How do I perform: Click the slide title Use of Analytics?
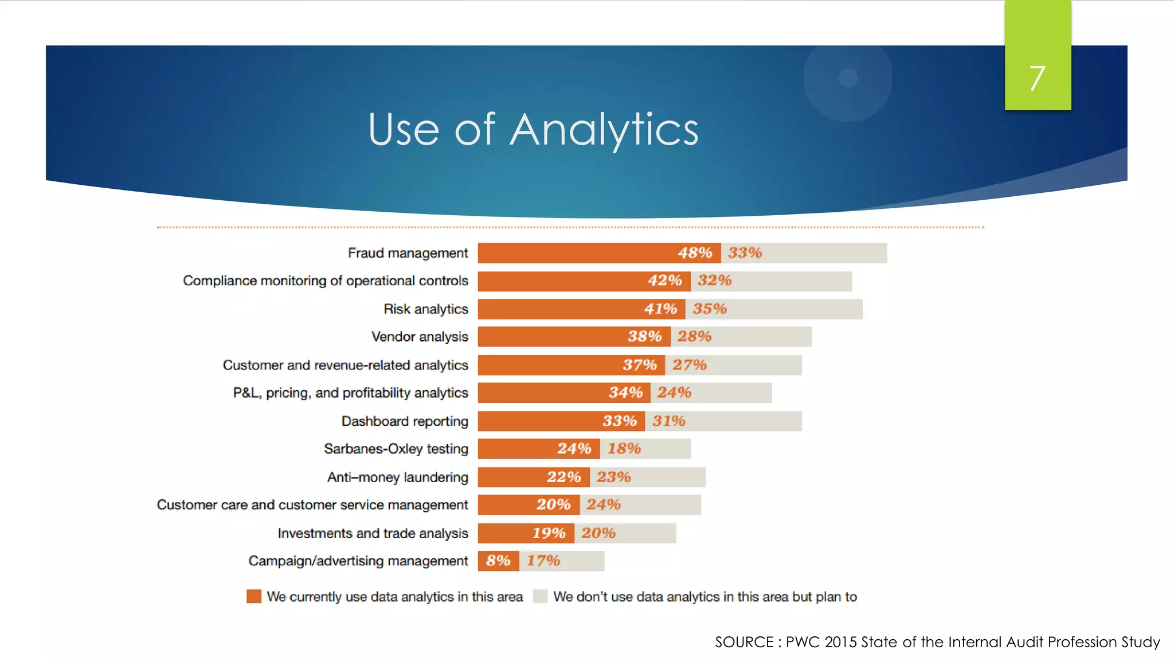coord(533,130)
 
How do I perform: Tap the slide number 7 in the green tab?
coord(1037,79)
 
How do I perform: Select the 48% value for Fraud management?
coord(695,253)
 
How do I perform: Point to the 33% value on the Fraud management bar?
coord(745,253)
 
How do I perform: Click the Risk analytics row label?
coord(425,309)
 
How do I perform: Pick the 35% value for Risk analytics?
coord(710,309)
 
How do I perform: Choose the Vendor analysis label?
coord(420,337)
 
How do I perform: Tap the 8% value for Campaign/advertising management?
coord(498,561)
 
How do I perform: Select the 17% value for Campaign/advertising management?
coord(543,561)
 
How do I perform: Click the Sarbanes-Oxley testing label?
coord(396,449)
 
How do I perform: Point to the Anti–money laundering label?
coord(397,477)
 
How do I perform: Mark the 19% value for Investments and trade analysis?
coord(549,533)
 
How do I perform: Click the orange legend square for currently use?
coord(254,597)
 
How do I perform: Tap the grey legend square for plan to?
coord(540,597)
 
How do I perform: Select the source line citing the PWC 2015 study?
coord(937,642)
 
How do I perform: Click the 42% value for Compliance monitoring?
coord(664,281)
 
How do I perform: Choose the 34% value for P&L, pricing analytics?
coord(625,393)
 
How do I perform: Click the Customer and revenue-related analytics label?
coord(345,366)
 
